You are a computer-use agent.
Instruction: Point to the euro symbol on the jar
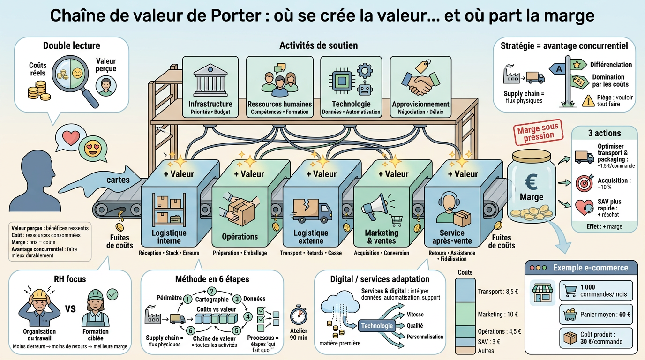(x=531, y=180)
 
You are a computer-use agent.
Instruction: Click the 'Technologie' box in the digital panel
(x=377, y=326)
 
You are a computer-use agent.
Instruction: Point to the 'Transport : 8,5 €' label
(x=497, y=292)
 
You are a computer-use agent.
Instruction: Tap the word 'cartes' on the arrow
(x=118, y=180)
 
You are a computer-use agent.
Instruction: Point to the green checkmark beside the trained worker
(x=112, y=294)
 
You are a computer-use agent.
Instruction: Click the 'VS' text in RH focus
(x=70, y=309)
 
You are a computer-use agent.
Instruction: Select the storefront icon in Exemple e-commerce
(x=542, y=293)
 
